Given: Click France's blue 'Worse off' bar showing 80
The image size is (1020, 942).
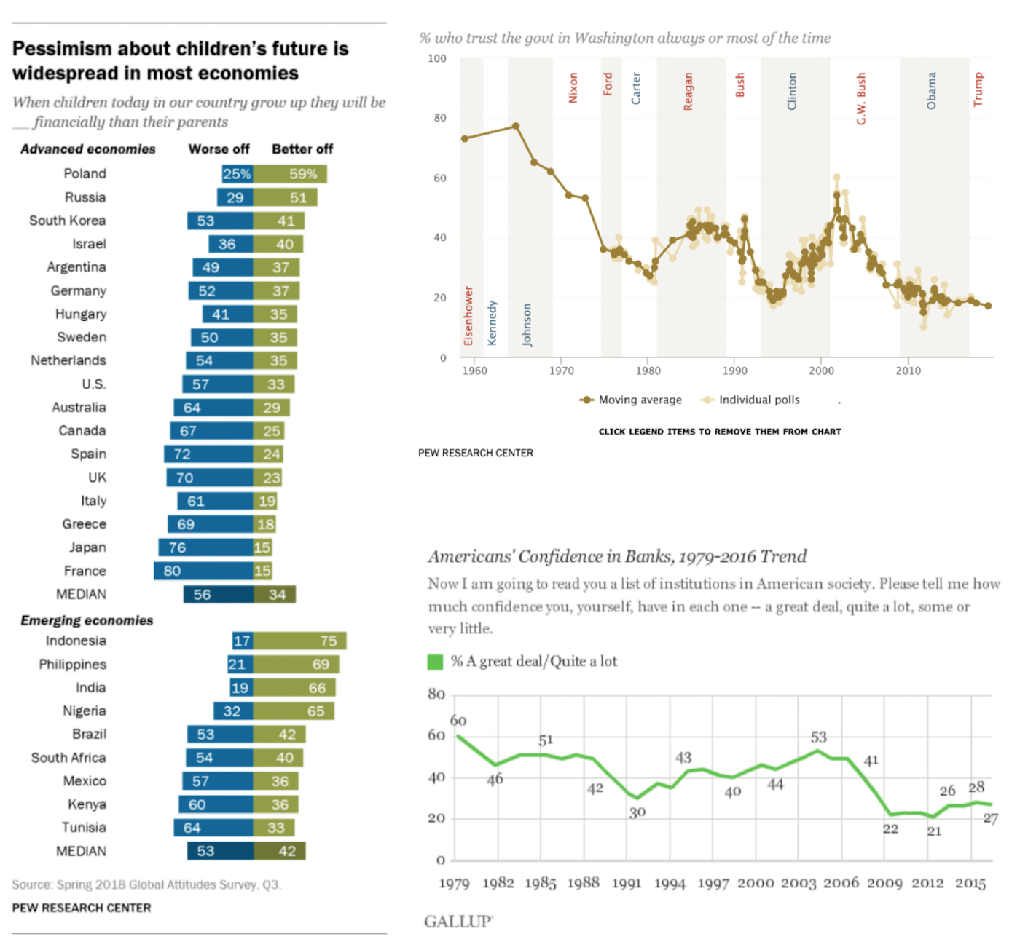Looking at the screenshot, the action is pos(203,571).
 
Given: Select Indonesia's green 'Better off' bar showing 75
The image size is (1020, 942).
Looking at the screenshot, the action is pos(299,641).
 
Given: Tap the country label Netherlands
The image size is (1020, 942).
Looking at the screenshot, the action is pos(68,360).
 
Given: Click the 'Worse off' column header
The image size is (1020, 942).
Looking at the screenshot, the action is pos(219,149).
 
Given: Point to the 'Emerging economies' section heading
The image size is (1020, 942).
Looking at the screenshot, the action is pos(87,620).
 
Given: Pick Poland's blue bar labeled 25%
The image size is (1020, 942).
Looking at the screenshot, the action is pos(238,174).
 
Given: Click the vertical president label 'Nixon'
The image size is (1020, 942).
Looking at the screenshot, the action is pos(573,87).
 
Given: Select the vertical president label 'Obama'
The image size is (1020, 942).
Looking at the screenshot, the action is pos(931,90).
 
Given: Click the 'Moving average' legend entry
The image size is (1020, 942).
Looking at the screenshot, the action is pos(631,400).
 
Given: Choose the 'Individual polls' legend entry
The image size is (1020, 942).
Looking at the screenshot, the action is pos(750,400).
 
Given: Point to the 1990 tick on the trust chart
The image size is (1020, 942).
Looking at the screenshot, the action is pos(735,371).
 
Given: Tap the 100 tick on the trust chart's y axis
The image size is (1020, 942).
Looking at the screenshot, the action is pos(437,58).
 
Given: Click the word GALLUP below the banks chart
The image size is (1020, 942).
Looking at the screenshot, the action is pos(458,922).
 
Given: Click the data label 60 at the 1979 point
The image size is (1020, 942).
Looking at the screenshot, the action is pos(458,720).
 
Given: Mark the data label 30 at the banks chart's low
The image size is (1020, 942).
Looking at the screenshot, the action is pos(637,812).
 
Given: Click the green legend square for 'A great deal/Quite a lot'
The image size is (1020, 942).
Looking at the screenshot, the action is pos(435,662).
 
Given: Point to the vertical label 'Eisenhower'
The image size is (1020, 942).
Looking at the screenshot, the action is pos(468,316).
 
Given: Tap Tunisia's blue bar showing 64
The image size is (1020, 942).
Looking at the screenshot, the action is pos(213,828).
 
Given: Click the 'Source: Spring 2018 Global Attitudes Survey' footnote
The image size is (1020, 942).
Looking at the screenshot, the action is pos(146,884).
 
